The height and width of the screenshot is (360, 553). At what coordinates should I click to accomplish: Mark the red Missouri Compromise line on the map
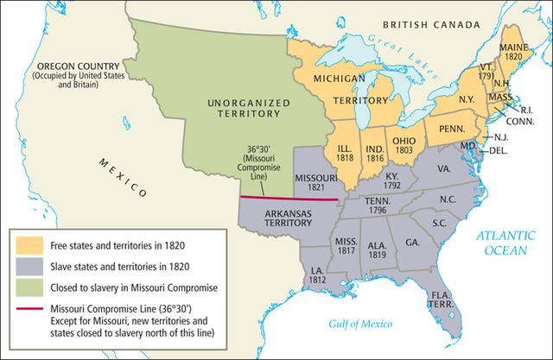285,199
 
